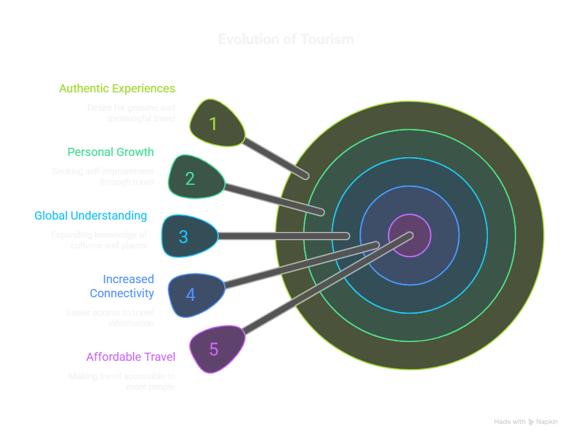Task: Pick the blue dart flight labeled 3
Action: click(x=188, y=236)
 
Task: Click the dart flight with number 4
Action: click(x=195, y=294)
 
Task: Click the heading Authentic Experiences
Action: click(x=117, y=88)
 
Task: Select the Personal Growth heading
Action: click(x=110, y=152)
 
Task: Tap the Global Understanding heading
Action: click(x=91, y=215)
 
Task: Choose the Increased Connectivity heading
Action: click(x=122, y=286)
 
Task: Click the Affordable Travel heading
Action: click(x=131, y=357)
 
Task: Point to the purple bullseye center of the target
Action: click(x=410, y=235)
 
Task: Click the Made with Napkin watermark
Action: click(x=526, y=422)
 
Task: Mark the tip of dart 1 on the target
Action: click(x=305, y=175)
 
